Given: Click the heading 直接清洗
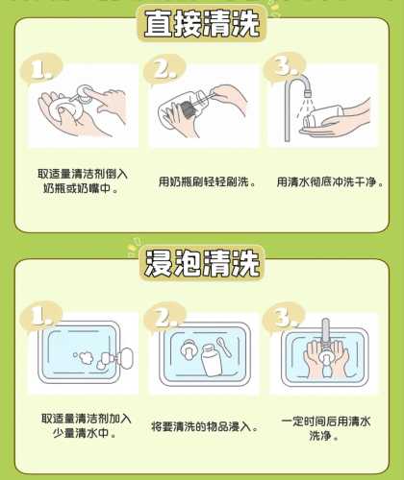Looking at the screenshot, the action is (x=202, y=23).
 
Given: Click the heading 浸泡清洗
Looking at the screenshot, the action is (x=202, y=264).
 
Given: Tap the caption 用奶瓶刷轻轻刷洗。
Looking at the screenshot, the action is (x=208, y=181).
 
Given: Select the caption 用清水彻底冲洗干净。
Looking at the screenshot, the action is (x=330, y=181).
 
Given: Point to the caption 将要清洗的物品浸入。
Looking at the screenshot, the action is (x=205, y=426).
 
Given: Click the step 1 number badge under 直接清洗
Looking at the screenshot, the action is (x=41, y=69).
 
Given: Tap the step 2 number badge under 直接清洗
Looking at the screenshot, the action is (x=164, y=69).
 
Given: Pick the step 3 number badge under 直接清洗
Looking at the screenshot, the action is (x=285, y=68).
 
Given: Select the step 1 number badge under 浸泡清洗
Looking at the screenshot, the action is (x=41, y=316).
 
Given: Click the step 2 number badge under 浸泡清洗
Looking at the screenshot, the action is (x=164, y=318).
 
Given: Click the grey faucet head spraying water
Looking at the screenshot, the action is (x=307, y=88).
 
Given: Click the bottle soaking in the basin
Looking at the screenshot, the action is (x=212, y=360).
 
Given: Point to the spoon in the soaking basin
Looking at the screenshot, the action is (x=224, y=347).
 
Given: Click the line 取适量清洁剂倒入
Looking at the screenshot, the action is (x=83, y=174).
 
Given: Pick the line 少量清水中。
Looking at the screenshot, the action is (x=85, y=433).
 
